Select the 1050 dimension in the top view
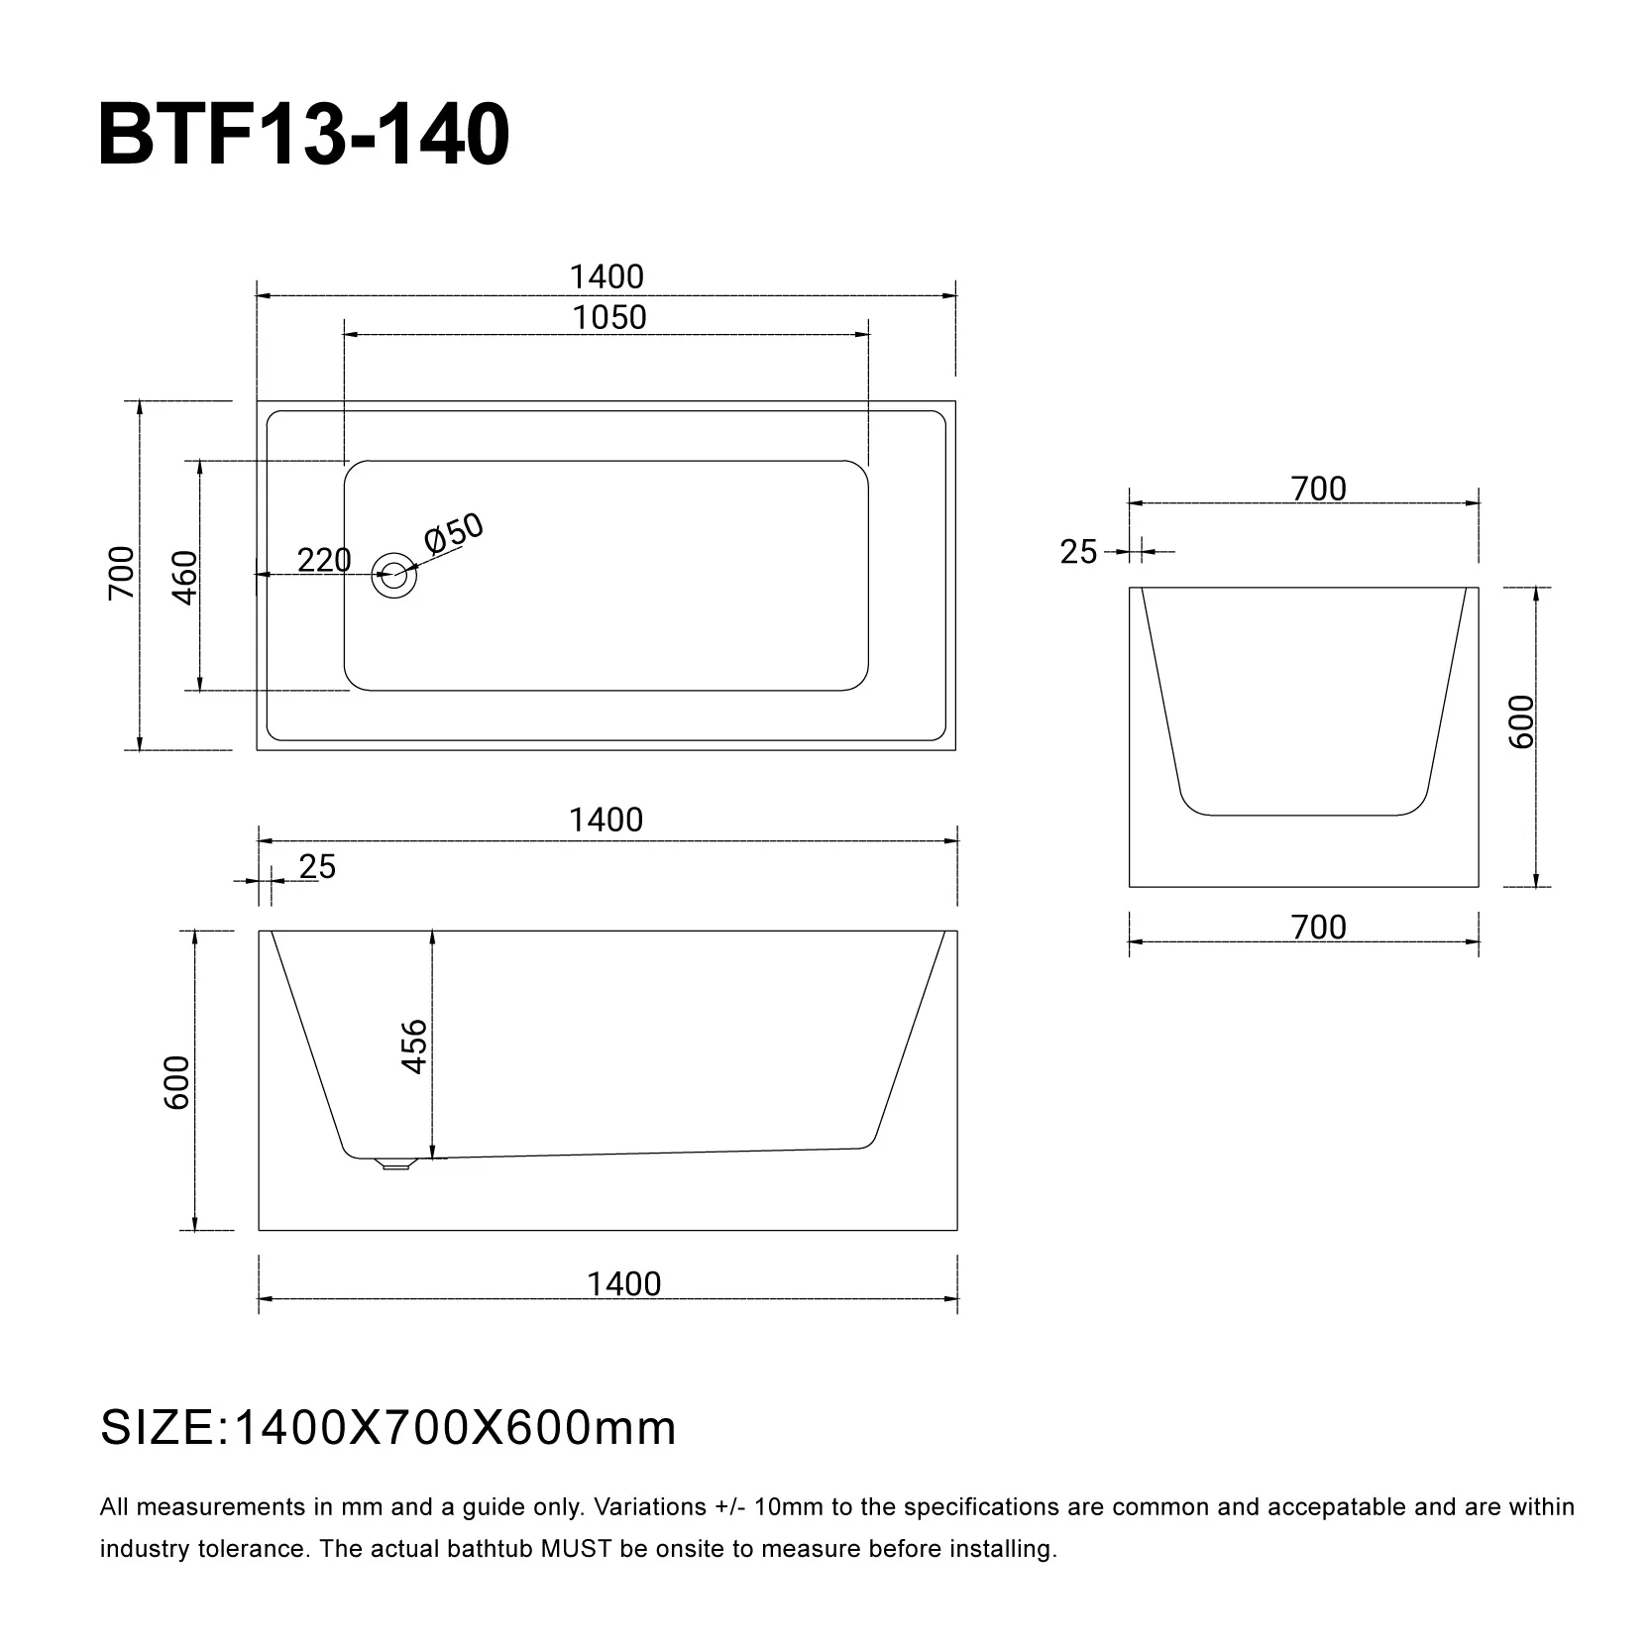[x=608, y=318]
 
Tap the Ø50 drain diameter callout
[x=454, y=534]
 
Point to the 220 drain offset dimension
[x=324, y=561]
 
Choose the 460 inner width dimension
[x=184, y=577]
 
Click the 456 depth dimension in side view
[x=414, y=1046]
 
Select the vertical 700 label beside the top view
[x=121, y=573]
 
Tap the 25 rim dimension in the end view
[x=1078, y=552]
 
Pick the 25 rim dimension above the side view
[x=317, y=867]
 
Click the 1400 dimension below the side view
[x=623, y=1284]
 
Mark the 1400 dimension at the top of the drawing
[x=606, y=276]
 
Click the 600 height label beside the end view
[x=1521, y=721]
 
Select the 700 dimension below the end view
[x=1319, y=928]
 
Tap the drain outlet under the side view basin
[x=395, y=1164]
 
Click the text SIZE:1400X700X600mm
[x=388, y=1428]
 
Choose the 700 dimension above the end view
[x=1319, y=489]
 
